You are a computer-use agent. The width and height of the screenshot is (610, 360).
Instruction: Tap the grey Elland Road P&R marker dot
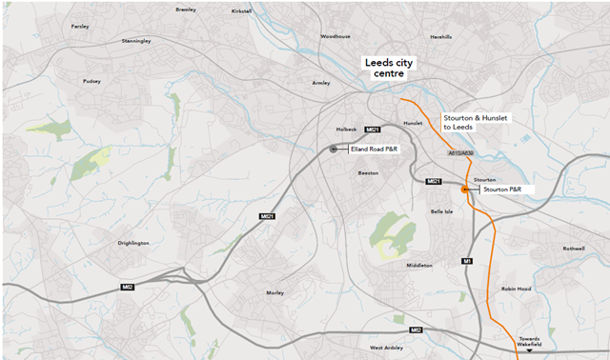(333, 149)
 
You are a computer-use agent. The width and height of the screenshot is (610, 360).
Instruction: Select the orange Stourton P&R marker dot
(465, 190)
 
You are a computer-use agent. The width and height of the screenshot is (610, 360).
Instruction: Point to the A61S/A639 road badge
(458, 152)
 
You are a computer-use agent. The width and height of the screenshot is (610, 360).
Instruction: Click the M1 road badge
(467, 261)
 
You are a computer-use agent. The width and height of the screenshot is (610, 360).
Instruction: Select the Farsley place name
(79, 27)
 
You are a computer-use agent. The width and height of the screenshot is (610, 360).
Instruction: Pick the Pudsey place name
(91, 82)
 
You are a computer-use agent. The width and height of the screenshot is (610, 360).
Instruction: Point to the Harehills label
(440, 37)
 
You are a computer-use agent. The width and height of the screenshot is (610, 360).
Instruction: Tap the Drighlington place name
(133, 243)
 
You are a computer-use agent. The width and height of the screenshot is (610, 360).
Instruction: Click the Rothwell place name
(573, 249)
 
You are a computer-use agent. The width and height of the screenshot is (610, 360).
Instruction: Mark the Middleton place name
(419, 265)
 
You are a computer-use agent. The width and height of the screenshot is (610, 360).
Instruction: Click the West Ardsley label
(387, 348)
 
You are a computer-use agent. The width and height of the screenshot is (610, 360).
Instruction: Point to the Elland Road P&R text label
(376, 149)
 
